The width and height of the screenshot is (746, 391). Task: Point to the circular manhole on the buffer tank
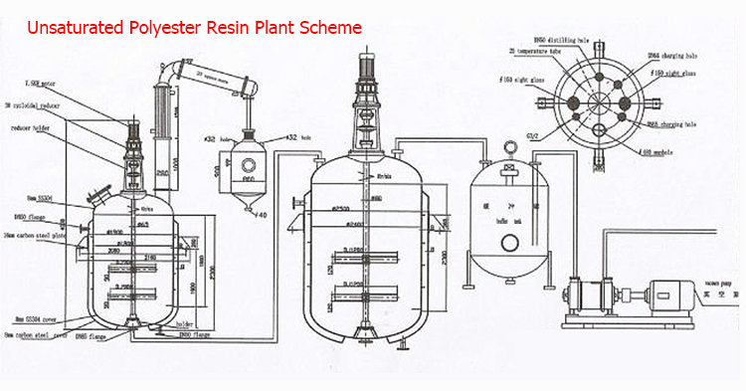pos(508,242)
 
